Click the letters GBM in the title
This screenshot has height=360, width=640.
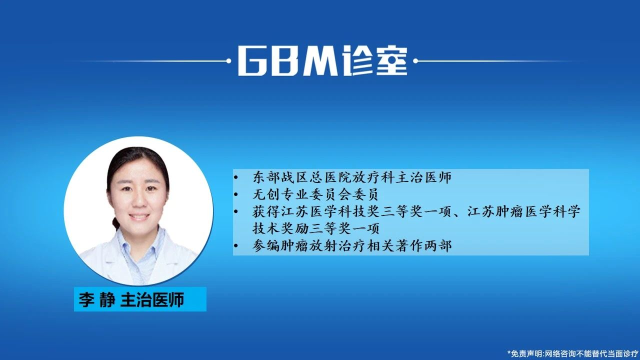[x=287, y=61]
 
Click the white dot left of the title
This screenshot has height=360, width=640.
[x=228, y=61]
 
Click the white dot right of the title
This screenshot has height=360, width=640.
[x=415, y=61]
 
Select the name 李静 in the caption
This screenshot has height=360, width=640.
[x=97, y=299]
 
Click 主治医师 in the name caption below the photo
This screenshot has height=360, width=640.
[x=152, y=299]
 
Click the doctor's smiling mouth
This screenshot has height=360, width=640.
[x=139, y=216]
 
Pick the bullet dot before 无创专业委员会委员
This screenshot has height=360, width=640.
[x=235, y=194]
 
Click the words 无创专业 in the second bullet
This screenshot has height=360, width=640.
[x=280, y=194]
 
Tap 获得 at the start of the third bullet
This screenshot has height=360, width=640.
[x=266, y=211]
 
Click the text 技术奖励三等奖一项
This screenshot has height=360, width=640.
[x=316, y=228]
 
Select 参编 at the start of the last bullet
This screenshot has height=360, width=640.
[x=266, y=245]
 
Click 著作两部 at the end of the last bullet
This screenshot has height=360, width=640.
[x=423, y=245]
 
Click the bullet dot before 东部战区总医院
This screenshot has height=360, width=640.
[x=235, y=177]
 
